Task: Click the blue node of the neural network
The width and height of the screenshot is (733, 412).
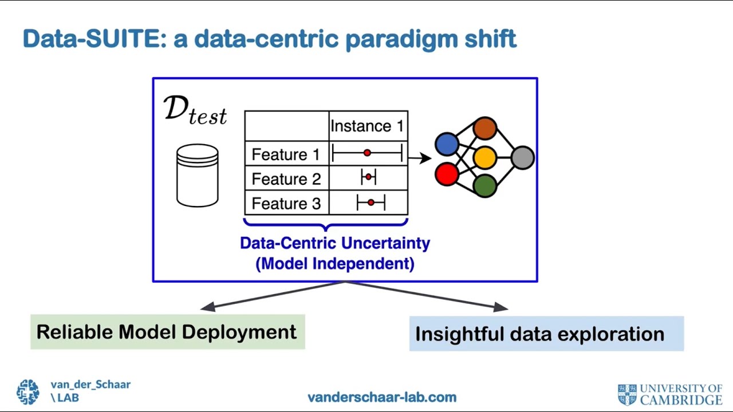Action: click(x=447, y=144)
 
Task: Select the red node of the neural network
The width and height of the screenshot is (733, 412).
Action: click(x=447, y=174)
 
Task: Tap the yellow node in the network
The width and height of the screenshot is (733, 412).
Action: click(x=484, y=158)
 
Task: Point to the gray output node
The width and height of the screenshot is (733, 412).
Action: click(x=522, y=158)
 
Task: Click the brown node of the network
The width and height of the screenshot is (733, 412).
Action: click(x=484, y=129)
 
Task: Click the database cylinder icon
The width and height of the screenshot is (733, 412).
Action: click(x=198, y=175)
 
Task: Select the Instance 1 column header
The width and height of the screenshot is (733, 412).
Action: click(x=367, y=126)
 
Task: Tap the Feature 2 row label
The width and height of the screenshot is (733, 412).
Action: click(x=286, y=179)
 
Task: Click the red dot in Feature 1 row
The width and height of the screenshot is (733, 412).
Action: click(x=367, y=153)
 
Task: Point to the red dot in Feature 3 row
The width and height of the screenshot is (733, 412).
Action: click(x=371, y=203)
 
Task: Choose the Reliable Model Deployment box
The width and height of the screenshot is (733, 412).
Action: click(x=167, y=332)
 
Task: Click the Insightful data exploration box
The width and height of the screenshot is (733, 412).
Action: click(x=546, y=334)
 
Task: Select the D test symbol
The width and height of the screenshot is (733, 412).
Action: click(x=195, y=110)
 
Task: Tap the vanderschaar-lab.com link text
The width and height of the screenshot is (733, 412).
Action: click(x=382, y=397)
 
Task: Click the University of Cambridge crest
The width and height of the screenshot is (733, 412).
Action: click(x=627, y=395)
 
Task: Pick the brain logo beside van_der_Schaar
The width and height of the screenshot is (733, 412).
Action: click(x=27, y=392)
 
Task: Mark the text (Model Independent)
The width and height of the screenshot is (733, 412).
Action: click(x=334, y=264)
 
